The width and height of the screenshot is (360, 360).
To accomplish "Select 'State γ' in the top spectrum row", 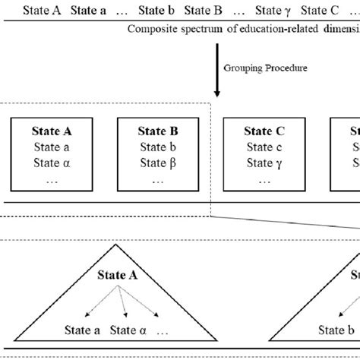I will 273,11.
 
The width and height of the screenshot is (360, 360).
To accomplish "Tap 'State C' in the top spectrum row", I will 321,11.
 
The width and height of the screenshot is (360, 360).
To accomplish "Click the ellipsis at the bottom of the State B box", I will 158,181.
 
